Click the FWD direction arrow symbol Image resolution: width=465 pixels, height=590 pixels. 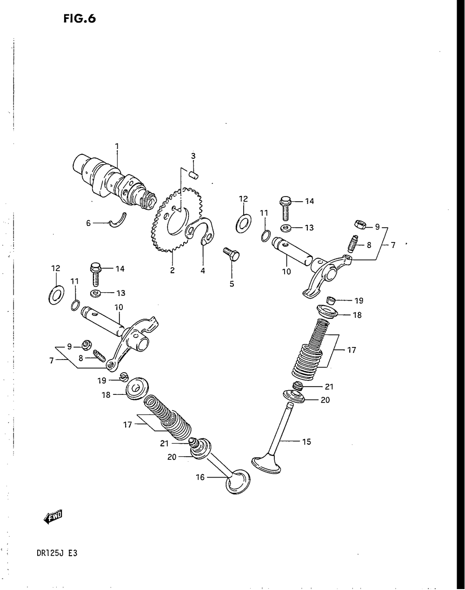point(53,517)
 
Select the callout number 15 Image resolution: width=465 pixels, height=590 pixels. point(306,442)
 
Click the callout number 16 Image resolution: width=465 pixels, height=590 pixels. point(200,477)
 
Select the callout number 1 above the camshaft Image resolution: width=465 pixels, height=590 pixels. point(117,146)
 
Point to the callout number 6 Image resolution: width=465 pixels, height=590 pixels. point(88,223)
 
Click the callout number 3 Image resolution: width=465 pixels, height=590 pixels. point(193,155)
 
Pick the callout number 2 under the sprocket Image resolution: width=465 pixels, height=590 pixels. point(172,271)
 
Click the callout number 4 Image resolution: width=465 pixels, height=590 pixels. point(203,271)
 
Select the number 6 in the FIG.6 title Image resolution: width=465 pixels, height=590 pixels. point(91,19)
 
